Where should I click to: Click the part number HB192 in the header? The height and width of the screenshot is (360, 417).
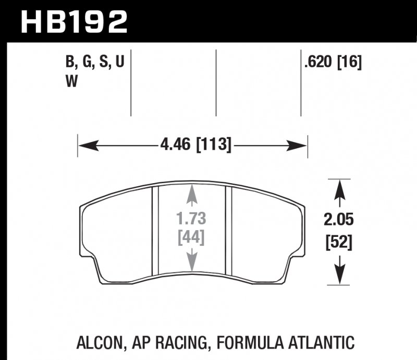(x=73, y=22)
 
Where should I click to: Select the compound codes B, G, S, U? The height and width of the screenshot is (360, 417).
(x=94, y=64)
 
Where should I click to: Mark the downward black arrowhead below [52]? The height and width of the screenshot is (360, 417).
(x=339, y=277)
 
